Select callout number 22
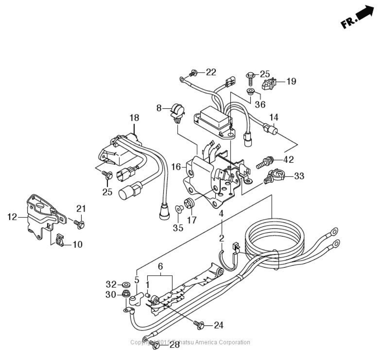point(211,72)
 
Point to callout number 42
point(288,159)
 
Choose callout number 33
point(299,176)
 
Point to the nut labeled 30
point(126,295)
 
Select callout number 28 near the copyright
point(175,344)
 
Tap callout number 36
point(260,104)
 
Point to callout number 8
point(159,108)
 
